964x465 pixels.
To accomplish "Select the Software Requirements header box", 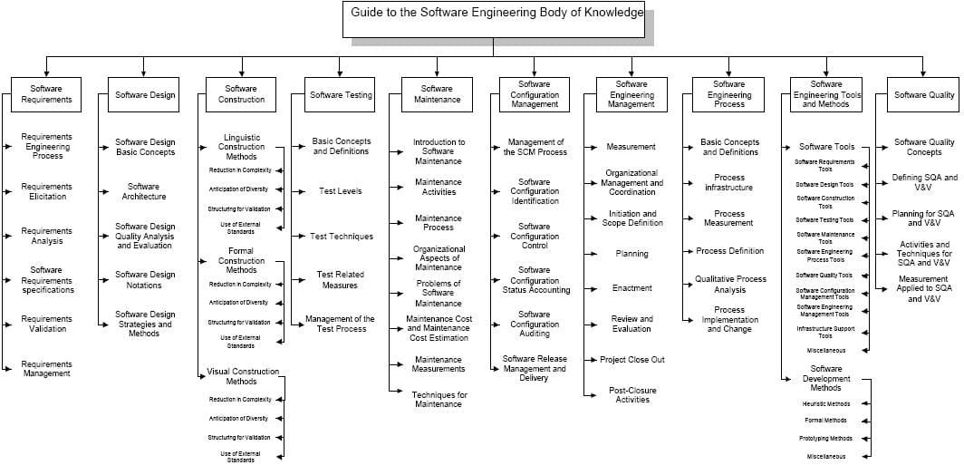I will tap(46, 94).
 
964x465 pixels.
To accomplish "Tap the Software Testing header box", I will tap(341, 94).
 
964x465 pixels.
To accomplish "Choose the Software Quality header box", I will tap(924, 94).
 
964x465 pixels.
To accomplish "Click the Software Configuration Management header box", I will tap(535, 94).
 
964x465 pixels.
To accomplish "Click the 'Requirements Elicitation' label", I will tap(47, 192).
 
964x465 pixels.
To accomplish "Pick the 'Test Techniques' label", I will tap(342, 237).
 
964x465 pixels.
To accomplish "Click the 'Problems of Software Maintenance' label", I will tap(439, 294).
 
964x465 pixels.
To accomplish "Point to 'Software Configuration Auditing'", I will tap(535, 324).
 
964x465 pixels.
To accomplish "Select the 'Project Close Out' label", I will tap(632, 360).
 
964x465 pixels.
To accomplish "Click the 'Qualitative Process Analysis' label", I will tap(730, 285).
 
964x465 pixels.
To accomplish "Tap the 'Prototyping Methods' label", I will tap(826, 439).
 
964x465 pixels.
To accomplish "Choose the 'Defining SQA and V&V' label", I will tap(924, 183).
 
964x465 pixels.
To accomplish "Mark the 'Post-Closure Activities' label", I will tap(632, 394).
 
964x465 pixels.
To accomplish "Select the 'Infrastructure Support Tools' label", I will tap(826, 332).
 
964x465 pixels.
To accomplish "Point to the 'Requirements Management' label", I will tap(47, 368).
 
